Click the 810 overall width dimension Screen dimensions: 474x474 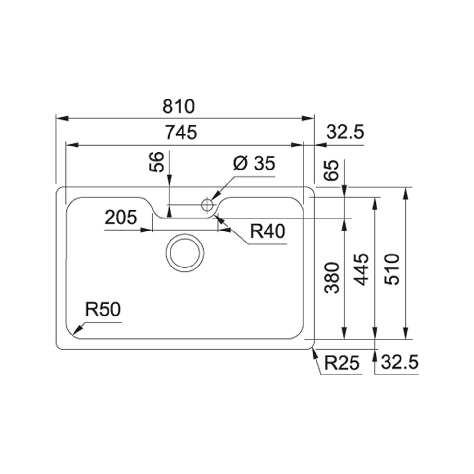[x=179, y=106]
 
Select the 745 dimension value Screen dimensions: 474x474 [x=181, y=132]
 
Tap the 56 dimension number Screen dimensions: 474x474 [x=157, y=162]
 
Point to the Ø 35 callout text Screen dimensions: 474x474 [x=254, y=164]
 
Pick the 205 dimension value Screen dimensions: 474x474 [x=121, y=217]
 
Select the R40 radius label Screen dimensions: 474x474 [x=267, y=231]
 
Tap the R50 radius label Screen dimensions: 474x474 [x=103, y=309]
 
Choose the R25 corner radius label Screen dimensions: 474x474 [x=341, y=363]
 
